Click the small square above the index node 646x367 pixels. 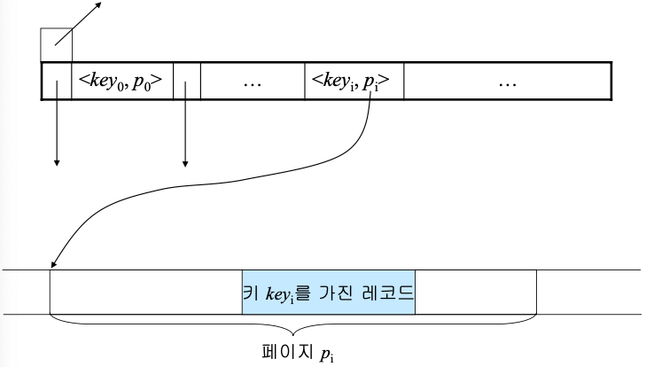pyautogui.click(x=56, y=43)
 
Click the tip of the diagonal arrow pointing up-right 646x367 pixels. pyautogui.click(x=100, y=4)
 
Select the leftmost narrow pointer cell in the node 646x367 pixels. pyautogui.click(x=56, y=82)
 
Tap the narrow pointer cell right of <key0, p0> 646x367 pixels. pyautogui.click(x=186, y=82)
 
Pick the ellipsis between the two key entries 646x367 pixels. pyautogui.click(x=252, y=82)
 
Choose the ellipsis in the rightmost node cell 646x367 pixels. pyautogui.click(x=507, y=82)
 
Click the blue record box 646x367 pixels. pyautogui.click(x=328, y=292)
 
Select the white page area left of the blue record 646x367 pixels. pyautogui.click(x=146, y=292)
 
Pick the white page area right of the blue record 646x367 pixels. pyautogui.click(x=475, y=292)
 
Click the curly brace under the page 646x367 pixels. pyautogui.click(x=292, y=321)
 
